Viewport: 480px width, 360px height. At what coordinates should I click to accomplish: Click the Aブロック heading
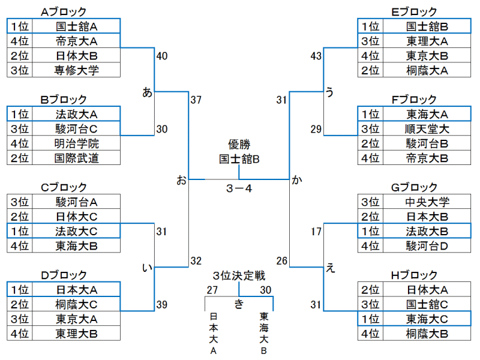pos(64,11)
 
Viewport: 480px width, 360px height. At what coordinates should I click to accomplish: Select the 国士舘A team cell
pos(77,26)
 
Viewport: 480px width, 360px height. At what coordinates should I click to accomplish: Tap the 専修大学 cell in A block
pos(77,70)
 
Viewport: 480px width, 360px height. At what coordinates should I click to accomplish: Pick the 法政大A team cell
pos(77,114)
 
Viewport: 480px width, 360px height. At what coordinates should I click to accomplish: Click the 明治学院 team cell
pos(77,143)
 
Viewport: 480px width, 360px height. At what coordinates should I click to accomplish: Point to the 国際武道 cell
pos(77,158)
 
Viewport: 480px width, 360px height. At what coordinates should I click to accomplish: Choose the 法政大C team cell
pos(77,231)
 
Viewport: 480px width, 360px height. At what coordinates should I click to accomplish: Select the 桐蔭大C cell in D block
pos(77,304)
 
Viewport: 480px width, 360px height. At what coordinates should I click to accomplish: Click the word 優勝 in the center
pos(239,145)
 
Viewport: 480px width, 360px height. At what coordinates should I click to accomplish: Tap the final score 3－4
pos(239,188)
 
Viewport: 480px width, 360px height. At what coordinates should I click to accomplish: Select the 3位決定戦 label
pos(239,276)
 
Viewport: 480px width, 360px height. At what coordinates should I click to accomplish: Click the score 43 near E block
pos(316,56)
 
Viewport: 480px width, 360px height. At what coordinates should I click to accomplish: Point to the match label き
pos(239,304)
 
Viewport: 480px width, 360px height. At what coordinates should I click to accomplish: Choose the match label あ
pos(147,92)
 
